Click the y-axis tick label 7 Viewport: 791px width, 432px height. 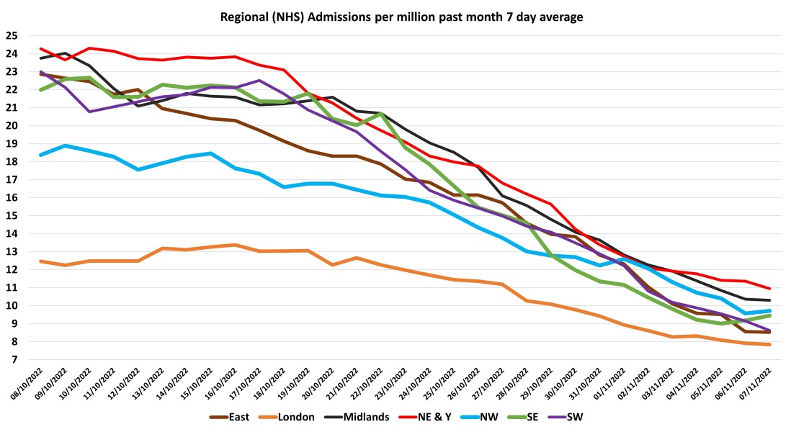[13, 360]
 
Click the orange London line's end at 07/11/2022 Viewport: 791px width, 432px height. [771, 344]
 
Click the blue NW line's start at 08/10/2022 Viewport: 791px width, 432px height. [40, 155]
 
